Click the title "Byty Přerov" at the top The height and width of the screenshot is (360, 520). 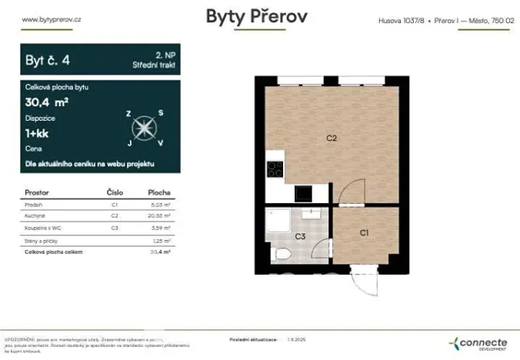(x=258, y=16)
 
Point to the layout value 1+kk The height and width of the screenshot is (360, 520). (x=38, y=133)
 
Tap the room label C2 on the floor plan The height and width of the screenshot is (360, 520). (x=332, y=139)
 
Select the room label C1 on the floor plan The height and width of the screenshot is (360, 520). (x=365, y=232)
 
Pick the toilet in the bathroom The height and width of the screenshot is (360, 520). (x=282, y=253)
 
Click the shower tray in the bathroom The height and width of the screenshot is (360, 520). (x=278, y=221)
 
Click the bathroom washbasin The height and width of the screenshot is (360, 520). (x=312, y=214)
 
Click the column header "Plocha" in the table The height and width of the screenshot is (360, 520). (x=159, y=192)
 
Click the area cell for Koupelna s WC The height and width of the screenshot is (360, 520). (x=160, y=228)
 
